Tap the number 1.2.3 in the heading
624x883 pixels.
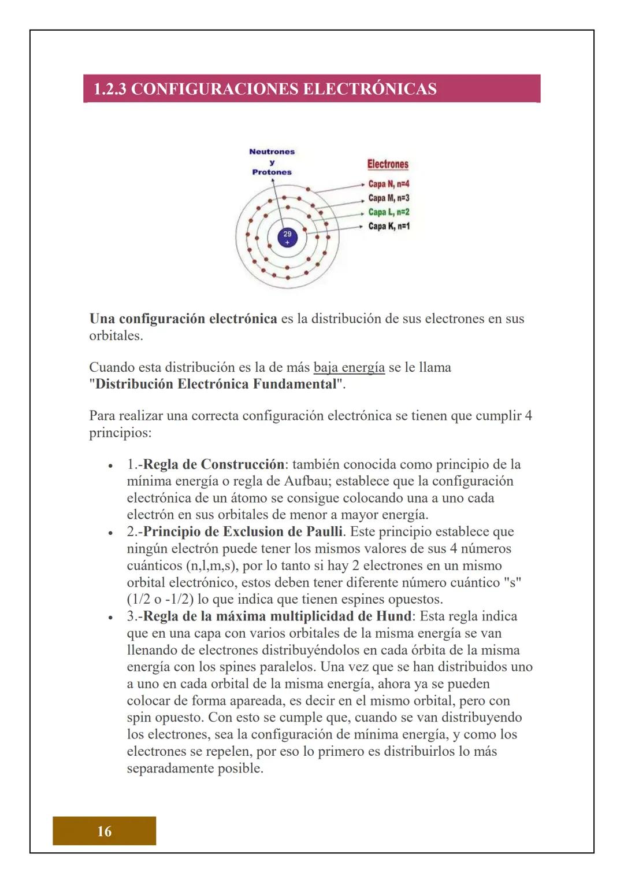click(113, 89)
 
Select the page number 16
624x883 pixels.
click(105, 831)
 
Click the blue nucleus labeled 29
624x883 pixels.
click(287, 237)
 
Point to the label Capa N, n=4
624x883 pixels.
click(388, 184)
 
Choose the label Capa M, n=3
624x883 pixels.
click(388, 198)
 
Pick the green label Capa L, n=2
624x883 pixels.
click(388, 212)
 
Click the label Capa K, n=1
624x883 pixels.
click(388, 226)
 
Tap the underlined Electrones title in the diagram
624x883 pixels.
click(388, 164)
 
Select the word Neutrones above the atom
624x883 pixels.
click(272, 152)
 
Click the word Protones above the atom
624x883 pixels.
click(272, 172)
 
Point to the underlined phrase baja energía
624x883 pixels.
click(349, 368)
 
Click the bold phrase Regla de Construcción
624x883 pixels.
click(213, 464)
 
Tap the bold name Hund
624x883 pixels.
click(394, 616)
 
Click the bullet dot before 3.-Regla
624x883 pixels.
click(109, 617)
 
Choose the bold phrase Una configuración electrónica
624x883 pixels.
click(183, 319)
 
